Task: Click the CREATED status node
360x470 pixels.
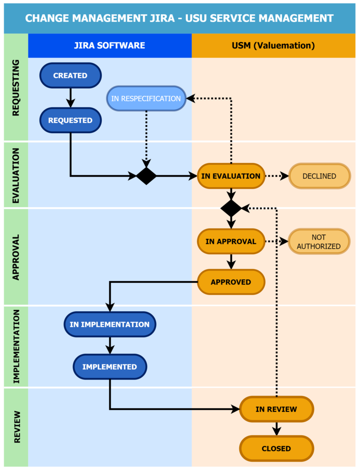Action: pos(71,76)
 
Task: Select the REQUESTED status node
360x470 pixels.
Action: pos(71,120)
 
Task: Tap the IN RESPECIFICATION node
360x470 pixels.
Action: pos(146,98)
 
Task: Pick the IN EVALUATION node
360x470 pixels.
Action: pos(231,176)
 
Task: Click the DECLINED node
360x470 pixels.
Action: pos(320,176)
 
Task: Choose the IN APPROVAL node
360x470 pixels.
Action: pos(231,241)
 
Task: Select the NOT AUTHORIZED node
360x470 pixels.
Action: pos(319,241)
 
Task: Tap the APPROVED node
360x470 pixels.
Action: pos(231,282)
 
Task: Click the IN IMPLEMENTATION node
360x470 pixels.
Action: pos(110,325)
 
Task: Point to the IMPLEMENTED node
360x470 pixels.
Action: pos(110,367)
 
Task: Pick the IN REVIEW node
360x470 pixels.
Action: pos(276,409)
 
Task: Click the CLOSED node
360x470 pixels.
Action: pos(276,448)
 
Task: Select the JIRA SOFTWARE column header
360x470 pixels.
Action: pos(110,45)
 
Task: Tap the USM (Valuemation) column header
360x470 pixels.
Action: pos(274,45)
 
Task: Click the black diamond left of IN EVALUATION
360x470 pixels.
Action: pos(146,176)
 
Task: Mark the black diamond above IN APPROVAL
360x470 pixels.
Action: pos(231,208)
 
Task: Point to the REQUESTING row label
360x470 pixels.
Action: pos(16,88)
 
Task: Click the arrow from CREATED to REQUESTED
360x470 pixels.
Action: pos(71,98)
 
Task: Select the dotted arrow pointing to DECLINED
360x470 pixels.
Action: pos(276,176)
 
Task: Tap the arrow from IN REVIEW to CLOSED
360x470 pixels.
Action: pos(276,429)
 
